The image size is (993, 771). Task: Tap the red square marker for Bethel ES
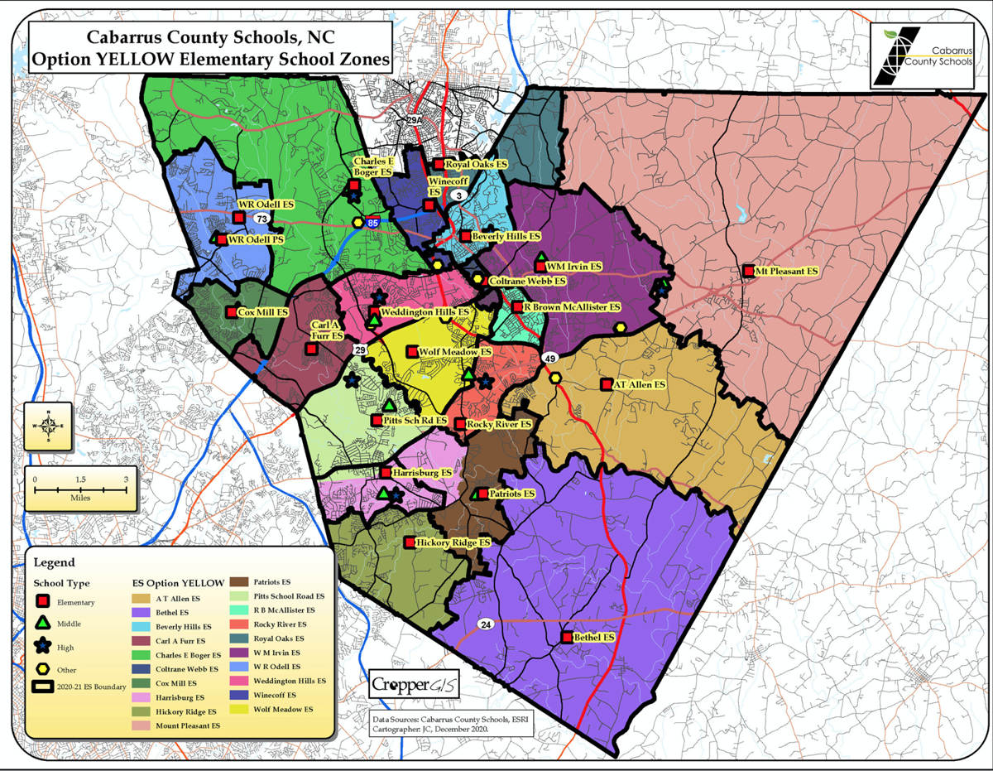[x=567, y=638]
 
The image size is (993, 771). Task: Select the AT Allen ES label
[x=640, y=385]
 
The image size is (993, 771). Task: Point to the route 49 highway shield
[x=550, y=358]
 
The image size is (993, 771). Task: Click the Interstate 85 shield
[x=373, y=224]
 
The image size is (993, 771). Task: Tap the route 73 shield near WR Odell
[x=262, y=219]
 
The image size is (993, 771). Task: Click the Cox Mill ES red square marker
[x=232, y=312]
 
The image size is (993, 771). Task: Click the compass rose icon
[x=49, y=426]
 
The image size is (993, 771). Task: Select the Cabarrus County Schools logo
[x=920, y=56]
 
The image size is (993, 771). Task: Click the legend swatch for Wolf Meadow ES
[x=241, y=709]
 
